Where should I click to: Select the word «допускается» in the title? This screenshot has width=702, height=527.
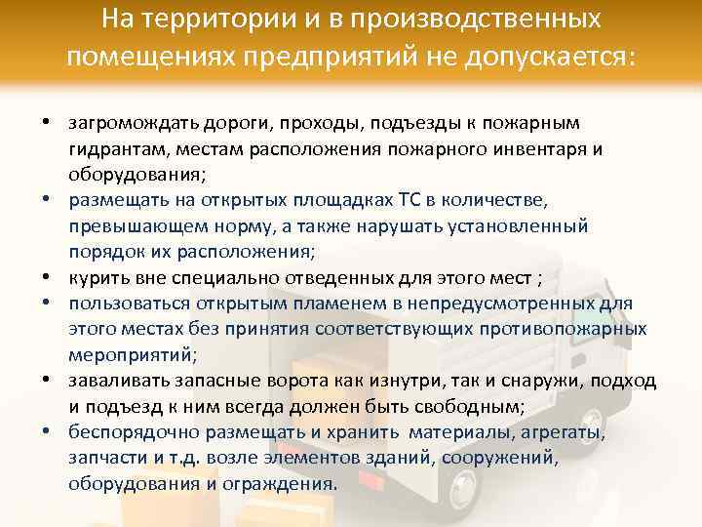[x=550, y=58]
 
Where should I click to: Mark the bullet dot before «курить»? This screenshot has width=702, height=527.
[x=46, y=277]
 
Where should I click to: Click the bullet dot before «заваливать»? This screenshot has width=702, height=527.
[x=46, y=380]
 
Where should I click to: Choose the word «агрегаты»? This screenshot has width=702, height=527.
[x=566, y=430]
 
